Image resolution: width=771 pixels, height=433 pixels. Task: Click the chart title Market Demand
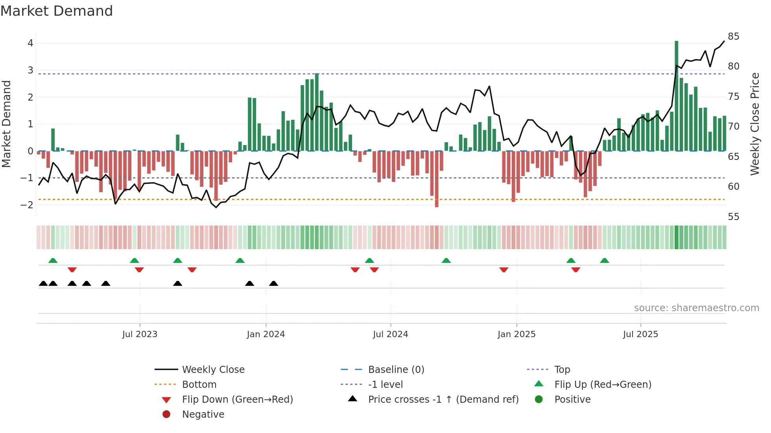57,11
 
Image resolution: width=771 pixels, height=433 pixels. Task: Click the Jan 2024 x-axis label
266,334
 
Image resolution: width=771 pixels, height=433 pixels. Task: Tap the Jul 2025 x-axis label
640,334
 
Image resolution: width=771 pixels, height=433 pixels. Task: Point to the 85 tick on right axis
733,37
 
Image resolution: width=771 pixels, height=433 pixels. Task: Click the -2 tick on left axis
27,205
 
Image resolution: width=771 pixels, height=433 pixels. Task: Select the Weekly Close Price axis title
754,124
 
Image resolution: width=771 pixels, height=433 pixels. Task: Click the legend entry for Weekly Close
213,370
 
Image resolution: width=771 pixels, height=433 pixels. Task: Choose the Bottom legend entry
199,385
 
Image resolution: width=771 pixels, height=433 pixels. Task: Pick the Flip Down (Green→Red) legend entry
237,400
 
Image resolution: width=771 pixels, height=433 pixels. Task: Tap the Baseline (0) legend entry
396,370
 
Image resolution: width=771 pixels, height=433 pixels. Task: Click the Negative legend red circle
166,415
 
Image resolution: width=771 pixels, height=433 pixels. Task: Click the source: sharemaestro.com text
696,308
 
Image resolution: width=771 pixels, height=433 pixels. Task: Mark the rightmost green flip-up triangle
605,261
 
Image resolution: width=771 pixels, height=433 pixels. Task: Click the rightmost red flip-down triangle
576,270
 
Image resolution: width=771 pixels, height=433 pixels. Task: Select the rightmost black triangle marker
274,283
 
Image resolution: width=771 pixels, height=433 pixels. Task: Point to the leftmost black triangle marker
43,283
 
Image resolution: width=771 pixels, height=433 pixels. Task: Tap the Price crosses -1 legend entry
443,400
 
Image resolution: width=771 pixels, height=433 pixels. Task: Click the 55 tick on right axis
733,217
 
